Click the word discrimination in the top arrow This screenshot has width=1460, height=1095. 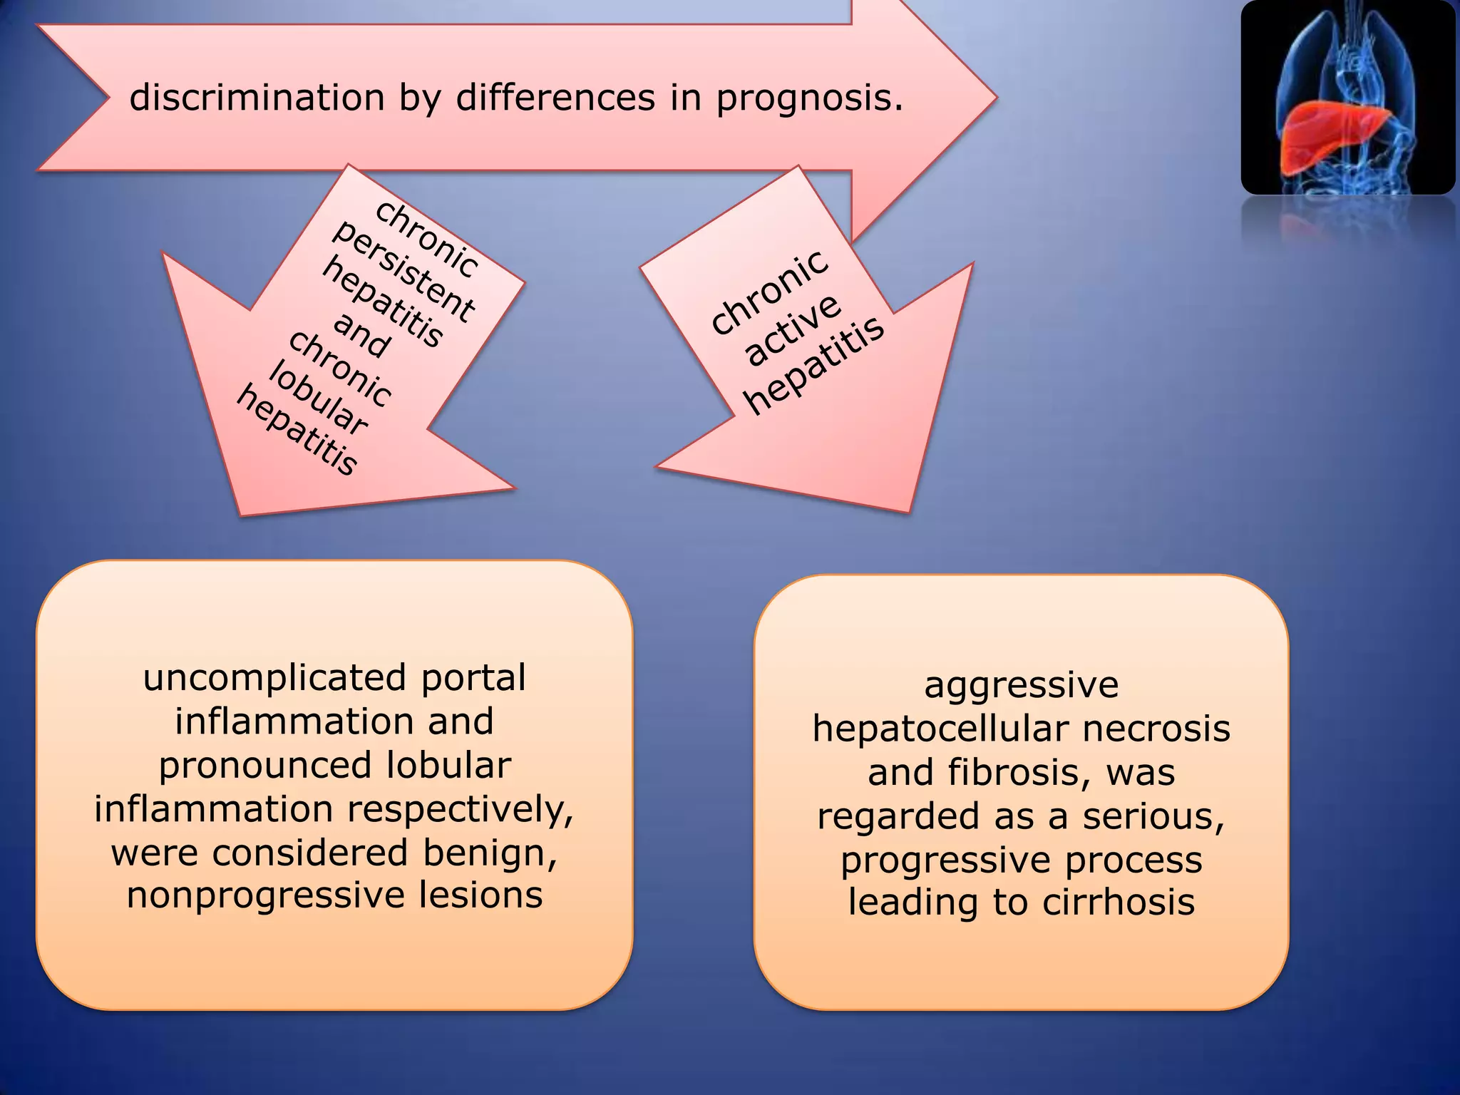coord(257,98)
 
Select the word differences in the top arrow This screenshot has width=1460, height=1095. coord(555,98)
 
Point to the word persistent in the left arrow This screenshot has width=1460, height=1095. coord(403,272)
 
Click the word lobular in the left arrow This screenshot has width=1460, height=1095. coord(319,399)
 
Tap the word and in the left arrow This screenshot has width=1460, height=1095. coord(361,334)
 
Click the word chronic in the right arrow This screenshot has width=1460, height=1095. coord(771,292)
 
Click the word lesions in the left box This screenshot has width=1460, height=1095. coord(480,895)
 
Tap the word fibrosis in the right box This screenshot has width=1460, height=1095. coord(1019,773)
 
